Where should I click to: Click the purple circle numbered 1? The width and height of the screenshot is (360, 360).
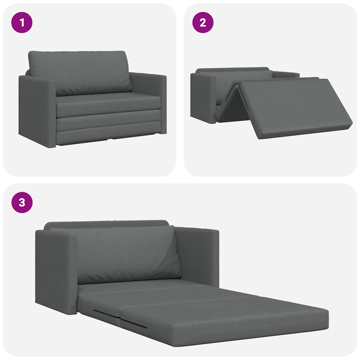click(x=22, y=22)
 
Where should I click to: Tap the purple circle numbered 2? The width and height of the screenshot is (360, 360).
click(x=202, y=22)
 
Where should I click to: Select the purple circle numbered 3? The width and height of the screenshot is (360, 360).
click(x=22, y=202)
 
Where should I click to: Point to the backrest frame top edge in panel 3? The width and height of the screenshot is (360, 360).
click(x=105, y=223)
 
